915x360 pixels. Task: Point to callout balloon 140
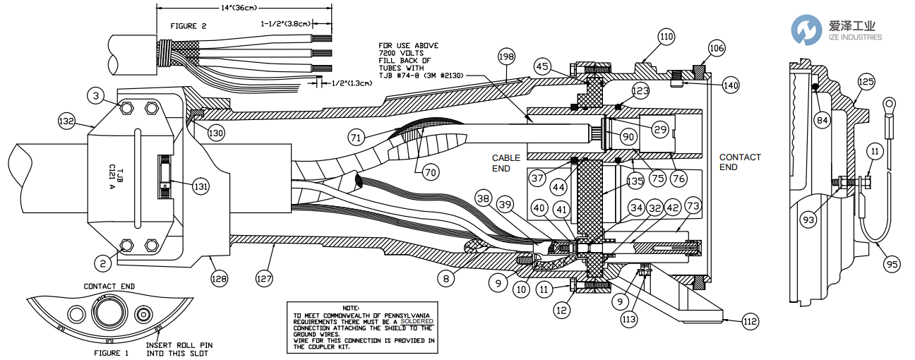click(731, 85)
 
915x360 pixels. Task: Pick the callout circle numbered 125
click(866, 81)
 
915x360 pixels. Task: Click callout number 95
click(892, 265)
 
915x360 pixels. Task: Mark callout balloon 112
click(750, 322)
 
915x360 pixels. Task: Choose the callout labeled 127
click(264, 278)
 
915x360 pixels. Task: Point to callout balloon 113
click(628, 319)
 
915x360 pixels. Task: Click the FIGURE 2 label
click(189, 25)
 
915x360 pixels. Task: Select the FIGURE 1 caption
click(112, 352)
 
